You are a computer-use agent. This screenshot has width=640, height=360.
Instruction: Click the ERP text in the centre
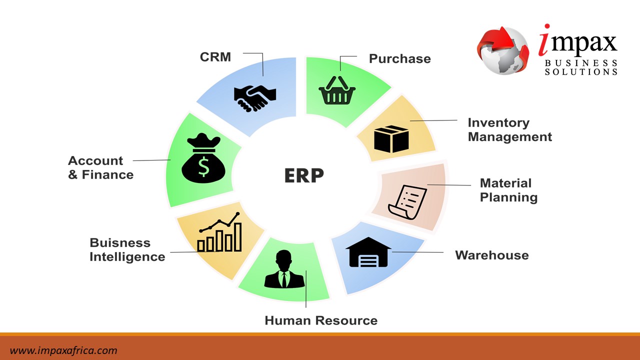(x=304, y=175)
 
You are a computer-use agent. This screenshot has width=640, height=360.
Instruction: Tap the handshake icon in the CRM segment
(x=255, y=96)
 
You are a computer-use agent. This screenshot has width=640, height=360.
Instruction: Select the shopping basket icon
(x=337, y=90)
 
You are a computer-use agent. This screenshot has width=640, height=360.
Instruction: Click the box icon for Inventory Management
(x=391, y=138)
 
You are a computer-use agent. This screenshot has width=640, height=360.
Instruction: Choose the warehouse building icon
(x=368, y=253)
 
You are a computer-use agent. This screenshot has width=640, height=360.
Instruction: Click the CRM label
(x=215, y=57)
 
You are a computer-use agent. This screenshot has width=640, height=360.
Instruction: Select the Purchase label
(x=399, y=59)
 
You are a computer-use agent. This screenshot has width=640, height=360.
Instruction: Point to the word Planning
(x=508, y=197)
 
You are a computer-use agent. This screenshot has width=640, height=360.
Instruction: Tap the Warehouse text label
(x=491, y=255)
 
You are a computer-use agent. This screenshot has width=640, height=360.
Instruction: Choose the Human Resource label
(x=321, y=320)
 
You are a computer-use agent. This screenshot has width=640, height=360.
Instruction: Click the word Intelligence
(x=127, y=257)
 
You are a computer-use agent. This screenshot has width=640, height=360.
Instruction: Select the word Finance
(x=107, y=175)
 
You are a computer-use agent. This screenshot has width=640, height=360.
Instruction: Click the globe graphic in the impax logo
(x=502, y=50)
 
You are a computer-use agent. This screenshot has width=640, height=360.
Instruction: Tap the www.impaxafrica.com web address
(x=63, y=350)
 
